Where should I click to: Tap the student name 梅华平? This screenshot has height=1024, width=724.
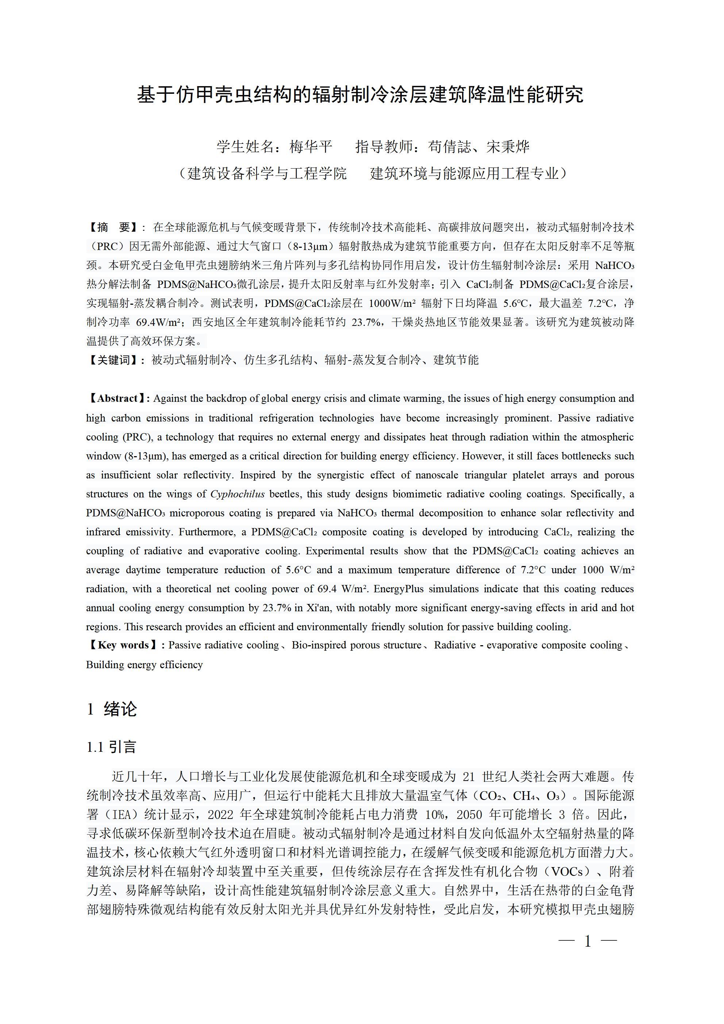[311, 147]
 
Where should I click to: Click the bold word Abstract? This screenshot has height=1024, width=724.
[117, 398]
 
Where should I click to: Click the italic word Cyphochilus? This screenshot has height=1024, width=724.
[237, 494]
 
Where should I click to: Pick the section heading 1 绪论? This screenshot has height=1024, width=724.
[112, 709]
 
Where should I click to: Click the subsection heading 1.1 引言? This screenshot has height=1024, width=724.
[111, 747]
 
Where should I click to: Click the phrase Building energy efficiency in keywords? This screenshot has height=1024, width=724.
[145, 665]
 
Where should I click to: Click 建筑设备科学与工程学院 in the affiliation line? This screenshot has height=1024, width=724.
[266, 173]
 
